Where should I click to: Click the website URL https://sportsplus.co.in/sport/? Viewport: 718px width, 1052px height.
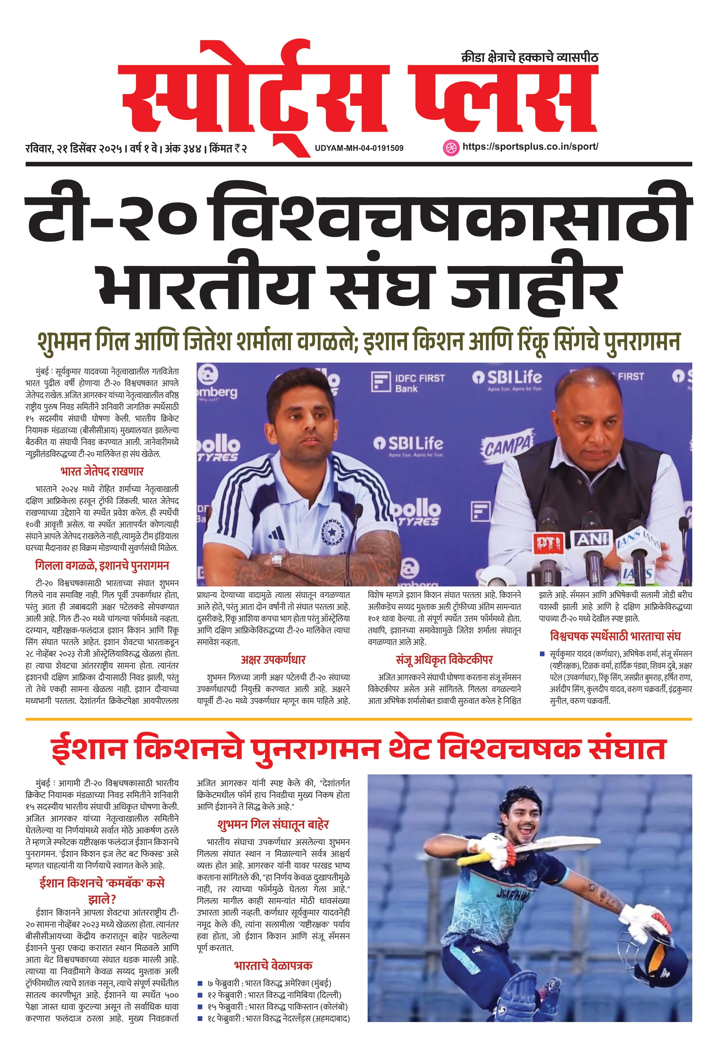click(x=530, y=147)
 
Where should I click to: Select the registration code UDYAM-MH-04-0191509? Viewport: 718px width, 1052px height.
click(x=359, y=148)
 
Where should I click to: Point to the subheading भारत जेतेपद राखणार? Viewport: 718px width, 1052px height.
click(x=102, y=472)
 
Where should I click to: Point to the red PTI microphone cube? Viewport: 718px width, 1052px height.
click(x=550, y=543)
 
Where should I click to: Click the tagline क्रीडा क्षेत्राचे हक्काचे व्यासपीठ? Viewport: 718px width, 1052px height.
click(x=529, y=57)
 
